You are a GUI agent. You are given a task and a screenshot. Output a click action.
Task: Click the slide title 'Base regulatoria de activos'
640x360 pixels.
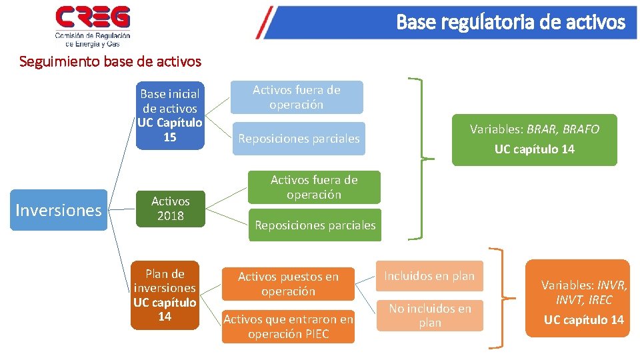[x=511, y=23]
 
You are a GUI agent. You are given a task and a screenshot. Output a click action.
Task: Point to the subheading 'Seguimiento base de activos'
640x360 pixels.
[x=110, y=62]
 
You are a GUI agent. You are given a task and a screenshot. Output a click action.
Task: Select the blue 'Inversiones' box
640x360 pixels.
[x=58, y=211]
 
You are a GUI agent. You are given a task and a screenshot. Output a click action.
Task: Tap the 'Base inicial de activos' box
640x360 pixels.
[x=169, y=115]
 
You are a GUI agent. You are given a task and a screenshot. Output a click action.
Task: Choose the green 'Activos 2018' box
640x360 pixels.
[x=170, y=208]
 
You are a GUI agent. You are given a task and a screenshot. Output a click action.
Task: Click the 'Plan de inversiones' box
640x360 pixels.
[x=165, y=295]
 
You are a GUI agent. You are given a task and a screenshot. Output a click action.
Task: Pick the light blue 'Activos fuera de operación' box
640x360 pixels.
[x=297, y=97]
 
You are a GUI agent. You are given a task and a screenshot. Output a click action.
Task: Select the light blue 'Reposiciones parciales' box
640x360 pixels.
[x=299, y=139]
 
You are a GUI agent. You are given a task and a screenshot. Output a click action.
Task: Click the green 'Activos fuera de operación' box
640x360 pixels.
[x=314, y=187]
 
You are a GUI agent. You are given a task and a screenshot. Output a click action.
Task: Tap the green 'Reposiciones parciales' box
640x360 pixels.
[x=315, y=225]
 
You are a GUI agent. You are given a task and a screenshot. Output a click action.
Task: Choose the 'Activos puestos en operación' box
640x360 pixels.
[x=288, y=284]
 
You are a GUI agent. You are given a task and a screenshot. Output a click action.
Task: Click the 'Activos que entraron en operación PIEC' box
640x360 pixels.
[x=288, y=327]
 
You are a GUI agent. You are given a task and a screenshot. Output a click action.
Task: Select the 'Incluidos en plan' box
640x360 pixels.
[x=429, y=276]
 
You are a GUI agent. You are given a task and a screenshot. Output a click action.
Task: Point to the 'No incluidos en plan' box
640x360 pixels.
[x=429, y=315]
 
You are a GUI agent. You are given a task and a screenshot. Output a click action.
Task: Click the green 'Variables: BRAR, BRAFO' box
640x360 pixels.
[x=534, y=139]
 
